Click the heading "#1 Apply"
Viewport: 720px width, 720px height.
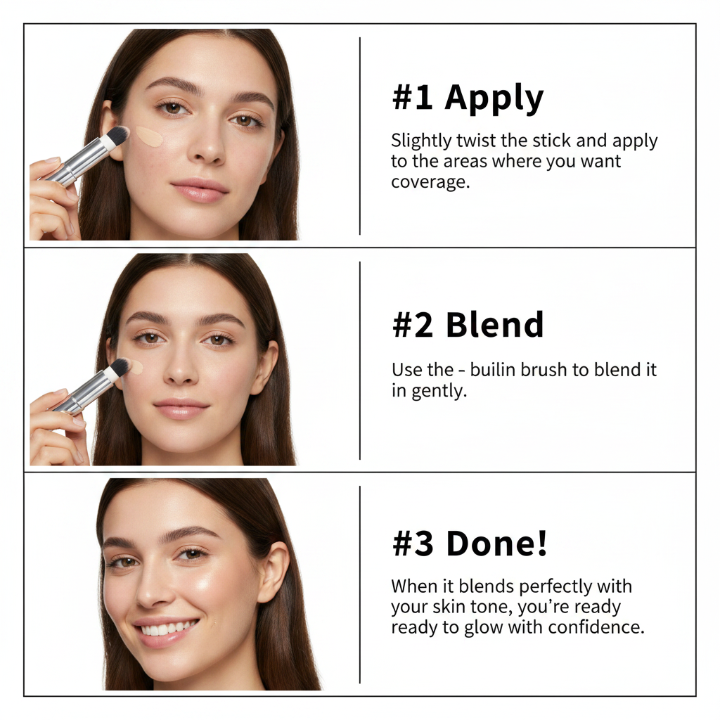[x=468, y=98]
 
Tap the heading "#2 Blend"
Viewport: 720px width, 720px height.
[x=468, y=325]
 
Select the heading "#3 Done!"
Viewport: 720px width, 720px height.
[x=470, y=544]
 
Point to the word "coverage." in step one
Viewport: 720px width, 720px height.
[x=431, y=182]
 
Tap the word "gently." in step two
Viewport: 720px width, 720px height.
[x=439, y=391]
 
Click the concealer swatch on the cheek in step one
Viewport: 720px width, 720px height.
[x=149, y=136]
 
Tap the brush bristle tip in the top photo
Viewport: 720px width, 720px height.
[x=118, y=134]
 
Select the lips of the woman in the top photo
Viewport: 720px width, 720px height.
[x=200, y=190]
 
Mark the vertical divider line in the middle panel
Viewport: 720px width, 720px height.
[x=359, y=361]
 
